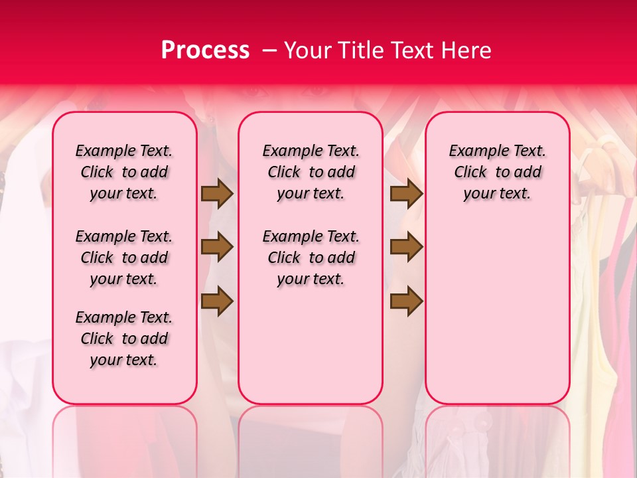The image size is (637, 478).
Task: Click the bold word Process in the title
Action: click(x=204, y=50)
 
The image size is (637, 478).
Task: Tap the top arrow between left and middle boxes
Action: click(x=217, y=193)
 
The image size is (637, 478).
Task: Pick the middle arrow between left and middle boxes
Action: click(x=217, y=248)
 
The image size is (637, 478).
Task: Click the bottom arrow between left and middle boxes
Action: click(x=217, y=301)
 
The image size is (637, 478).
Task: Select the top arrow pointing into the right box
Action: click(x=406, y=193)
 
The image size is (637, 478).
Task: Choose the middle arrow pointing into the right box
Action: click(x=406, y=248)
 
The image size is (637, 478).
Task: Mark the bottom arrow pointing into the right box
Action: click(x=406, y=301)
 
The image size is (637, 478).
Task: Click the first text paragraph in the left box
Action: click(x=124, y=172)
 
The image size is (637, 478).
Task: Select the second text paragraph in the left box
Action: click(x=124, y=258)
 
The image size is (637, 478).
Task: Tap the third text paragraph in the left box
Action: click(x=124, y=339)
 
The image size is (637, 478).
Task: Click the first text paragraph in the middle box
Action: click(x=311, y=172)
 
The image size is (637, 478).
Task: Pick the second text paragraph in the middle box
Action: click(x=311, y=258)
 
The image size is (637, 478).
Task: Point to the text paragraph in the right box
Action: click(x=498, y=172)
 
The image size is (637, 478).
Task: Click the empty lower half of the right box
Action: click(x=498, y=319)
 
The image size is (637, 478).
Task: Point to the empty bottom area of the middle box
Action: click(x=311, y=352)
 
